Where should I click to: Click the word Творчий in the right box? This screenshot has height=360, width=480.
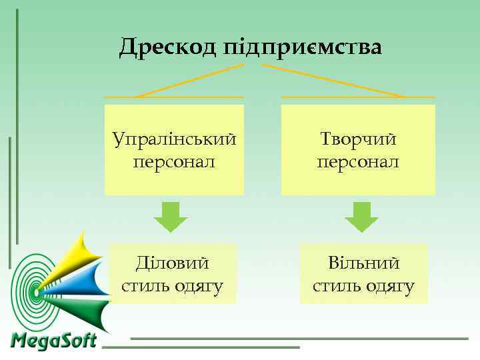click(358, 139)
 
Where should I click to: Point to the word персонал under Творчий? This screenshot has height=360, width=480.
click(358, 161)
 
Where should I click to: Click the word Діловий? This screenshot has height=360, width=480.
click(172, 263)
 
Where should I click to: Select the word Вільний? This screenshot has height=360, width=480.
click(364, 263)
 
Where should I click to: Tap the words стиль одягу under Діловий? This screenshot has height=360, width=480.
click(172, 287)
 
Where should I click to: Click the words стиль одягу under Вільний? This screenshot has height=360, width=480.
click(364, 287)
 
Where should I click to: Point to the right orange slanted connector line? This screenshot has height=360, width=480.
click(333, 81)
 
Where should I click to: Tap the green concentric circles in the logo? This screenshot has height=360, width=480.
click(30, 291)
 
